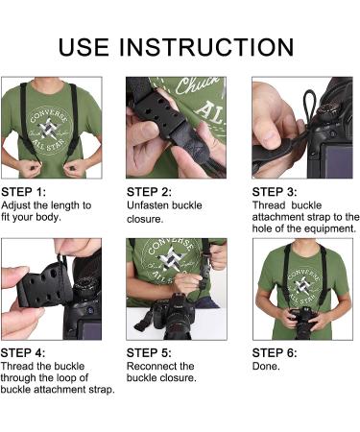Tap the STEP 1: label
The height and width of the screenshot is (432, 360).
[x=25, y=192]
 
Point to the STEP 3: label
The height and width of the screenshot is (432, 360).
[x=276, y=192]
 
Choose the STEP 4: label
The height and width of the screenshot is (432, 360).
[x=25, y=352]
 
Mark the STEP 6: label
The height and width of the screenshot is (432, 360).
[x=276, y=352]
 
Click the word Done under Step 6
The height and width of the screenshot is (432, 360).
[x=266, y=367]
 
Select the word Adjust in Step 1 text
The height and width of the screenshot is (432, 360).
[x=16, y=205]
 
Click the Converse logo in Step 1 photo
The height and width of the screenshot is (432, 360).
[x=50, y=121]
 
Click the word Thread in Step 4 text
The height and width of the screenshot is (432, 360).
[x=17, y=367]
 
